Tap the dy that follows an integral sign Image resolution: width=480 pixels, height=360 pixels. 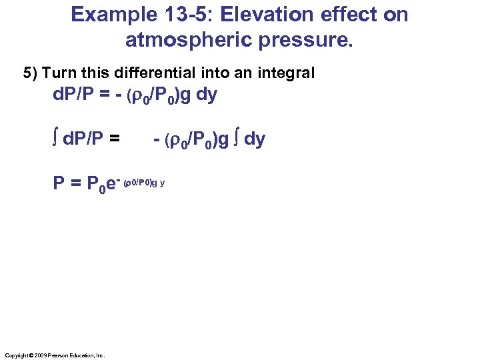[255, 139]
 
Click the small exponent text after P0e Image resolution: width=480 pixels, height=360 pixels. [144, 181]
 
